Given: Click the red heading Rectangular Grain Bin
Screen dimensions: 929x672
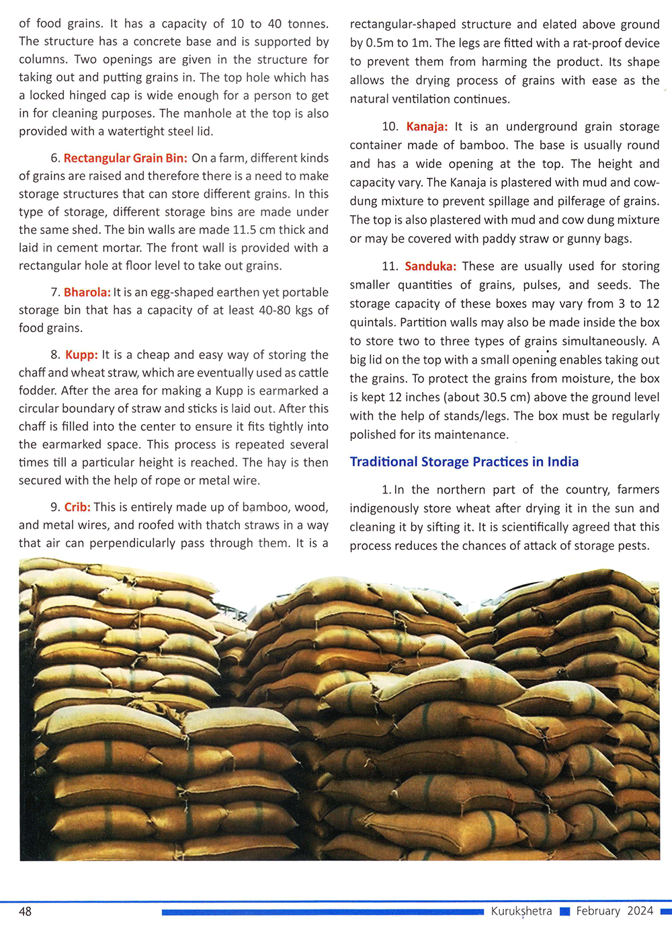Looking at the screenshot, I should (125, 158).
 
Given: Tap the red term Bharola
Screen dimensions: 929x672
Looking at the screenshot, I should (87, 292).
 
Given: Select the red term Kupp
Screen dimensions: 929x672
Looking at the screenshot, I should (81, 355).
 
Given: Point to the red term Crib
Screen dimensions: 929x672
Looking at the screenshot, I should (77, 507).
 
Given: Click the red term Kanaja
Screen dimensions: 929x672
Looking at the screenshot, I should (427, 126).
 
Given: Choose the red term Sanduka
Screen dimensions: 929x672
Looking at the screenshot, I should (430, 266).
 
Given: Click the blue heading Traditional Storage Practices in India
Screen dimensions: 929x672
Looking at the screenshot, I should (464, 462).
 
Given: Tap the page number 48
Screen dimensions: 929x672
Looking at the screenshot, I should (25, 912).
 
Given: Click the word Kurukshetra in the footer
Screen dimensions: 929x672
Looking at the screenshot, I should (521, 911).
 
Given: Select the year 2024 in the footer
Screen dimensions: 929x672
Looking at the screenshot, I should (640, 911).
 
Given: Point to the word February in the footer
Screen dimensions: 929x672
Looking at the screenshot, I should (598, 911).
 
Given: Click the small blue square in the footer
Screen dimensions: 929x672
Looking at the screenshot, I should (564, 912).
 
